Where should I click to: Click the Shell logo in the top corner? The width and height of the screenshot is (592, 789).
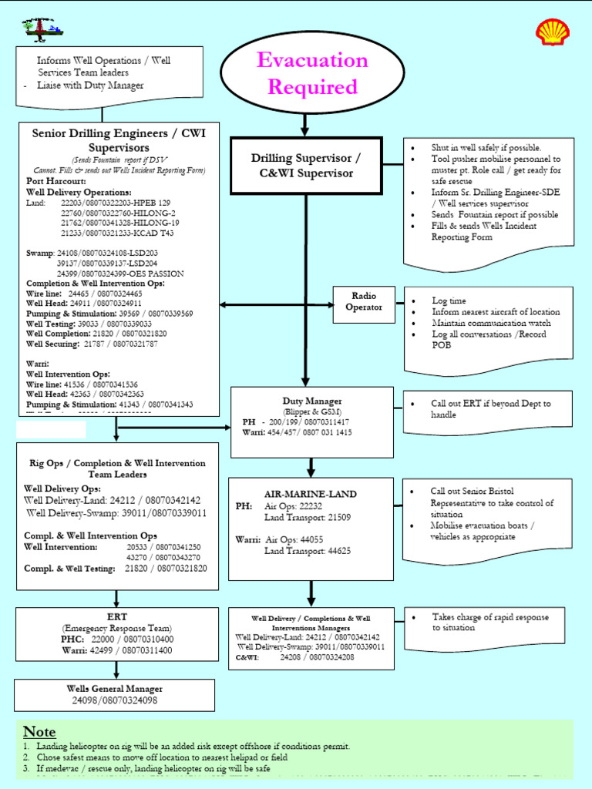(553, 32)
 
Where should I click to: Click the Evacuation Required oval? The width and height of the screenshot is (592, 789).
(305, 73)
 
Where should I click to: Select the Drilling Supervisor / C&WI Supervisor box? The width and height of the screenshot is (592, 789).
(306, 165)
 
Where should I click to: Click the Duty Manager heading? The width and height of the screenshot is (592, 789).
(312, 401)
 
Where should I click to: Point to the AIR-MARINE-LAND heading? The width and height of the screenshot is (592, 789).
(311, 493)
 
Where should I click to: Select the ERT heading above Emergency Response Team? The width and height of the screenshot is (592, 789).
(117, 616)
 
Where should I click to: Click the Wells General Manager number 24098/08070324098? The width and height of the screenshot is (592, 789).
(115, 700)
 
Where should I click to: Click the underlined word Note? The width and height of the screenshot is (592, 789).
(39, 731)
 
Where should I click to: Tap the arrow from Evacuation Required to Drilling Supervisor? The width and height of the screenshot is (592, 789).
(305, 124)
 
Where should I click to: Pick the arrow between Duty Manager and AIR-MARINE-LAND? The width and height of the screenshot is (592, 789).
(311, 467)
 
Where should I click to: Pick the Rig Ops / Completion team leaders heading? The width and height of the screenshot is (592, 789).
(117, 468)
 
